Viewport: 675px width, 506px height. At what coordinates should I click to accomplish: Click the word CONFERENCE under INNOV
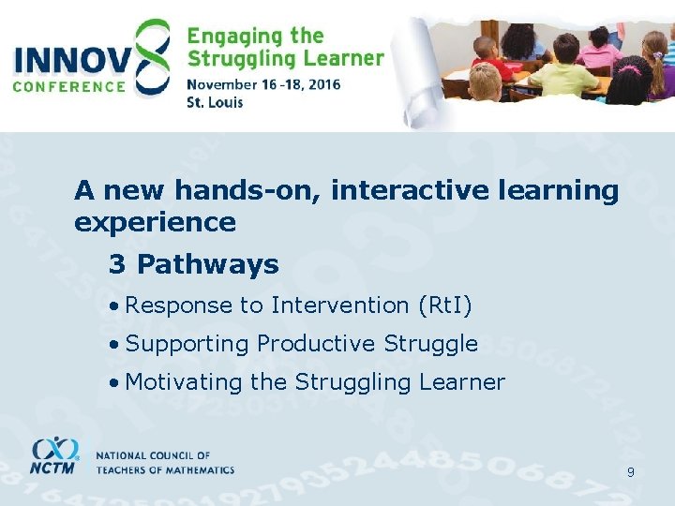69,86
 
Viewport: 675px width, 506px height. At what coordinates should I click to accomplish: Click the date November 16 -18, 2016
263,83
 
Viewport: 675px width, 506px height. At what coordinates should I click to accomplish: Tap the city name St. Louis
216,101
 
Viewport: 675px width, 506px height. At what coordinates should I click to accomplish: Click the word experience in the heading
155,223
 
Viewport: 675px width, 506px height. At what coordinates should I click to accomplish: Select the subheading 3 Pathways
194,265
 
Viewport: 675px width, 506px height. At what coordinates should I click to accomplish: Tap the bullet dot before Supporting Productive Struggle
112,345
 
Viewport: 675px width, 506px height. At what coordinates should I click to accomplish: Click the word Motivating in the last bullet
184,382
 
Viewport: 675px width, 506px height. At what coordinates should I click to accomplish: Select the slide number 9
631,472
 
